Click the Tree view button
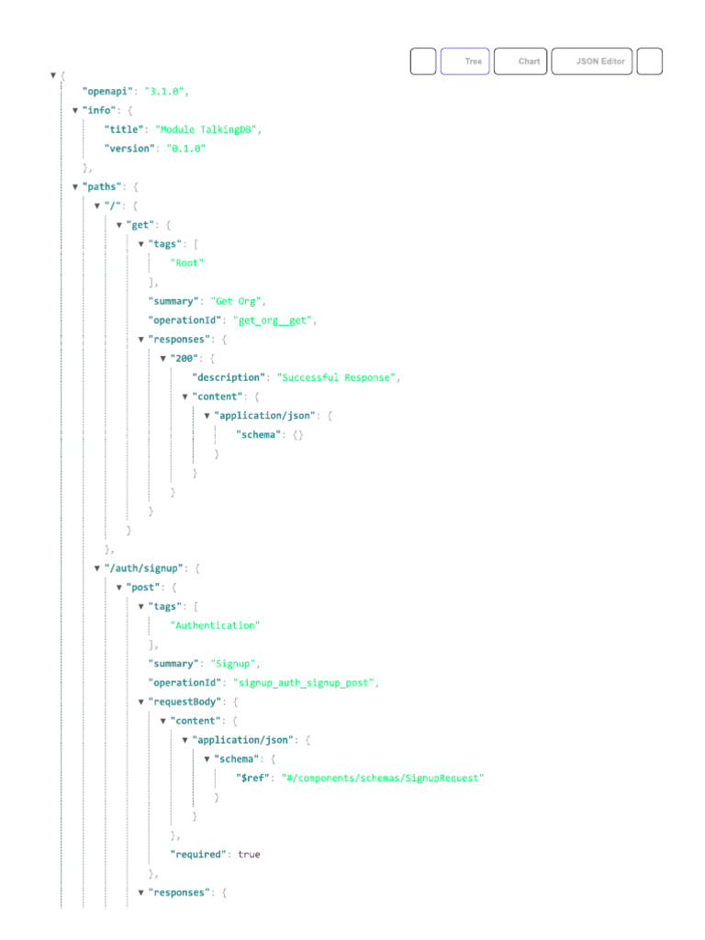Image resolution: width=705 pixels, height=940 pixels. click(x=464, y=62)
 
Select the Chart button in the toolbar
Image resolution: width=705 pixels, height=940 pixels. click(x=520, y=62)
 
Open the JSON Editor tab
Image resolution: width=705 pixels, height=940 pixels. click(x=592, y=62)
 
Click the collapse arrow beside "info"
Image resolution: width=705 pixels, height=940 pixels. click(x=75, y=110)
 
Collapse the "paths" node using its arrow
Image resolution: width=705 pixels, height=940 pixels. click(x=75, y=187)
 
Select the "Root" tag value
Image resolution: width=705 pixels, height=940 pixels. click(x=187, y=263)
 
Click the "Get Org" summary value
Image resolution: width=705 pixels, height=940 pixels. click(x=236, y=301)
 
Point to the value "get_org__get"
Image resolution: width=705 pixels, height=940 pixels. click(x=272, y=320)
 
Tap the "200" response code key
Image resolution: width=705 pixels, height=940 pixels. click(x=184, y=359)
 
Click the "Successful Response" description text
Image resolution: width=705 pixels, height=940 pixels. click(x=336, y=377)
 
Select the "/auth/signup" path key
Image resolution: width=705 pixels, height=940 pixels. click(x=144, y=568)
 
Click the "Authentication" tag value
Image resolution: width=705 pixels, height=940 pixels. click(x=215, y=625)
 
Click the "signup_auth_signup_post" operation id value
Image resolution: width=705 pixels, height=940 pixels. click(x=303, y=683)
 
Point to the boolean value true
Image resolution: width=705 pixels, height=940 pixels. click(x=249, y=855)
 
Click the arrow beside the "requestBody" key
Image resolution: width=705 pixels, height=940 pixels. click(x=140, y=702)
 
